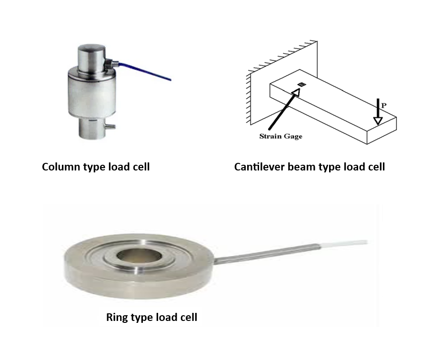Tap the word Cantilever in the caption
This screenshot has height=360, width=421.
(x=257, y=167)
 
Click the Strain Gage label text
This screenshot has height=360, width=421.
(x=281, y=136)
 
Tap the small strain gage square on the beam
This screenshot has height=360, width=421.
(x=301, y=85)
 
